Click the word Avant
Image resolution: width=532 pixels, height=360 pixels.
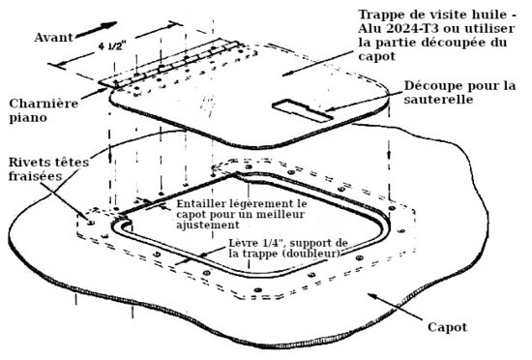[53, 37]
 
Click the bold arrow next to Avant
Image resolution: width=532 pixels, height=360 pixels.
[96, 30]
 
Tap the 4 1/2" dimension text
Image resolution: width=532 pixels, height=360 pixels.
[112, 45]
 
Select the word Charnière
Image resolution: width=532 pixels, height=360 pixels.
[44, 104]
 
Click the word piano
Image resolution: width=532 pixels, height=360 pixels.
[28, 118]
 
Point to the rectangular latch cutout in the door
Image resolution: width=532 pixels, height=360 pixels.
[303, 110]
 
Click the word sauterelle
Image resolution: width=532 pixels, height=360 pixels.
[438, 99]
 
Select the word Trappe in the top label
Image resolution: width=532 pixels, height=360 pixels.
[380, 15]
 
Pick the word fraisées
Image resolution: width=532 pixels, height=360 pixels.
[35, 176]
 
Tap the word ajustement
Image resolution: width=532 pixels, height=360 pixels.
[208, 225]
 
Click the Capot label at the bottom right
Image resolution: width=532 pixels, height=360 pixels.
[447, 327]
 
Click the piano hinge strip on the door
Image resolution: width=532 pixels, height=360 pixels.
[169, 65]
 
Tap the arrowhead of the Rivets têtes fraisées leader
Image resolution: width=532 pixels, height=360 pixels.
[86, 217]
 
